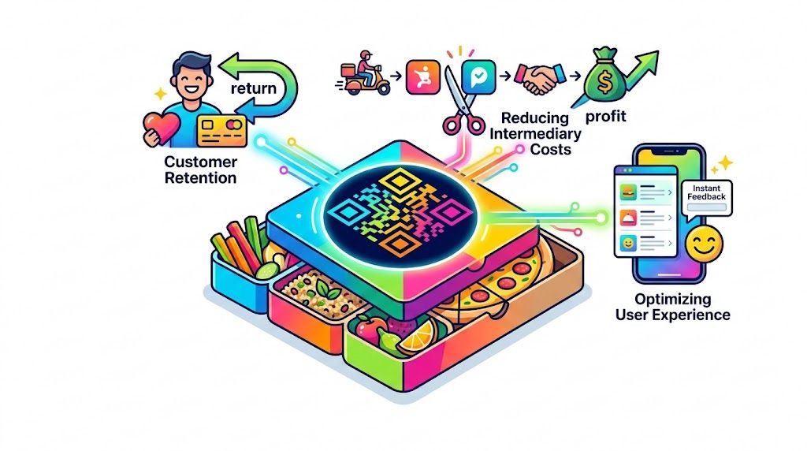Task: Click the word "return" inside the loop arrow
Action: (253, 88)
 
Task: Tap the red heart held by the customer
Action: (161, 128)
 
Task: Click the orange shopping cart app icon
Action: (423, 77)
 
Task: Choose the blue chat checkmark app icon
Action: (478, 76)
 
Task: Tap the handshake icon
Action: (540, 78)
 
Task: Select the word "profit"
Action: (606, 117)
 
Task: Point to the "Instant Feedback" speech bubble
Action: (706, 198)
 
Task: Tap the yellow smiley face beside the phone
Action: (704, 244)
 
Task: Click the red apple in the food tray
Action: (370, 327)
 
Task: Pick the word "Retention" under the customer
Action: (200, 178)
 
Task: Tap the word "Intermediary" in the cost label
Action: (535, 134)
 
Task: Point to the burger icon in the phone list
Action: (628, 192)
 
